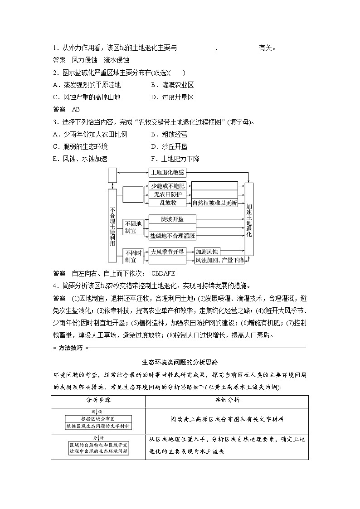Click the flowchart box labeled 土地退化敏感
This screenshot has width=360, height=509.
click(x=167, y=173)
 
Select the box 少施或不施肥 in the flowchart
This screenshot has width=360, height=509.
click(x=167, y=186)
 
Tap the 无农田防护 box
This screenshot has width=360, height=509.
click(x=167, y=194)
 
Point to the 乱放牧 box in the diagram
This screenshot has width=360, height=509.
click(x=167, y=203)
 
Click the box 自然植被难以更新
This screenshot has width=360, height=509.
click(x=215, y=203)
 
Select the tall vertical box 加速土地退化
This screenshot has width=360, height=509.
click(x=249, y=219)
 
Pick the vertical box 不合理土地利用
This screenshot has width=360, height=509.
click(x=112, y=225)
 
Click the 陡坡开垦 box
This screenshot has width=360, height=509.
click(x=172, y=219)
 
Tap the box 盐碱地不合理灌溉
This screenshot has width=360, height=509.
click(x=172, y=236)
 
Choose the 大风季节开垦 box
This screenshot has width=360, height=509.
click(x=167, y=252)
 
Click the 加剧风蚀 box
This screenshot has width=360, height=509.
click(x=207, y=252)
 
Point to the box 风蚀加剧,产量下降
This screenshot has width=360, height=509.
click(x=219, y=260)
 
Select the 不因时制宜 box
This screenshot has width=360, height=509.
click(x=133, y=256)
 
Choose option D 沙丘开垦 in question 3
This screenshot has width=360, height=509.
click(x=169, y=146)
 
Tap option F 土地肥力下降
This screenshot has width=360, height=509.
click(x=175, y=159)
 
